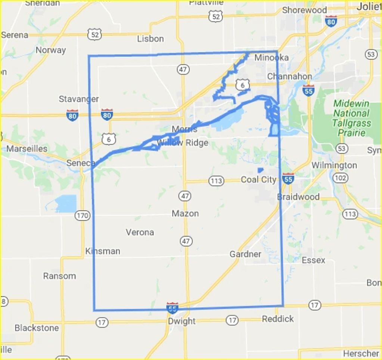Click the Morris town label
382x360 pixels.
point(184,129)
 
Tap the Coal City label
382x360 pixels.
point(258,179)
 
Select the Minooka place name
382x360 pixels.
point(271,58)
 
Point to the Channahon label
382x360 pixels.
point(289,76)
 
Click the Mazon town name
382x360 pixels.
point(185,213)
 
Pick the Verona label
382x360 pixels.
point(140,232)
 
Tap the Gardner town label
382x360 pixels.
point(245,254)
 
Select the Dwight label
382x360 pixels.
point(181,321)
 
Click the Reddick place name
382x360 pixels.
point(278,319)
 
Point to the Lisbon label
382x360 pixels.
point(150,39)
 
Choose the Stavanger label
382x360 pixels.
point(79,99)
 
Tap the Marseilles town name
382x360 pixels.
point(27,148)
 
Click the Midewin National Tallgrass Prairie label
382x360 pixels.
point(351,118)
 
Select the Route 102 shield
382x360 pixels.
point(340,178)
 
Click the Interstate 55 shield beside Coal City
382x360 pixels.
point(288,179)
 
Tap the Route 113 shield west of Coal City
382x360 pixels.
point(216,181)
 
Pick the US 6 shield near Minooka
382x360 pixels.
point(243,85)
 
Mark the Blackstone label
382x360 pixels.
point(37,328)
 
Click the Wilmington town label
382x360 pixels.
point(334,165)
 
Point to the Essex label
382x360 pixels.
point(313,260)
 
